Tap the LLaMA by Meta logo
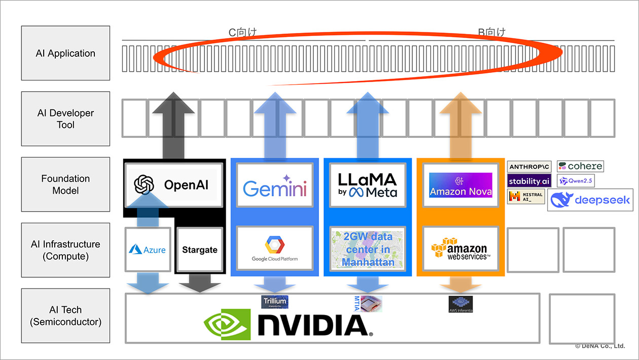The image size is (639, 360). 367,185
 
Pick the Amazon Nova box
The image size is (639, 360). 460,185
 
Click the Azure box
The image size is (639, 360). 147,249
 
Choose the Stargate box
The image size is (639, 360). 199,250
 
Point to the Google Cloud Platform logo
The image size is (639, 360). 274,248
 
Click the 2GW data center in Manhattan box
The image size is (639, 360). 367,249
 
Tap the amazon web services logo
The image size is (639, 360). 460,248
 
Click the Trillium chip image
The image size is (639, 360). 274,302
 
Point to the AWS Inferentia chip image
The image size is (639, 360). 460,304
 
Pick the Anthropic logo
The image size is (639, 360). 528,167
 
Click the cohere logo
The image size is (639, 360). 580,166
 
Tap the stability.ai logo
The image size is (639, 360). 529,181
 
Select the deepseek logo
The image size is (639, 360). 591,200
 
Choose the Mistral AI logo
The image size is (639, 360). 526,196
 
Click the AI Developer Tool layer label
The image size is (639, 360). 65,119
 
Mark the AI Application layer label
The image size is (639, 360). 65,53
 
